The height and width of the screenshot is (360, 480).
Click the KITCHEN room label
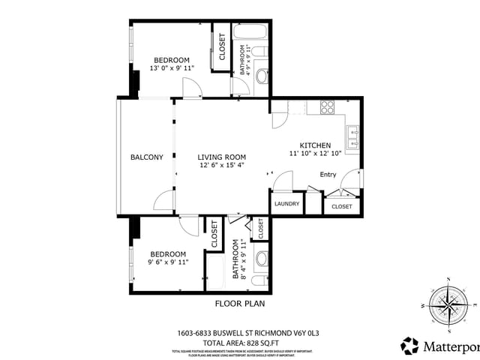click(315, 144)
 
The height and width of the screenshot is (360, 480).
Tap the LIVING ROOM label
click(220, 157)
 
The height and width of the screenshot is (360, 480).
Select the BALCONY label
click(146, 157)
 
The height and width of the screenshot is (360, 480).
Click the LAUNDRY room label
click(286, 203)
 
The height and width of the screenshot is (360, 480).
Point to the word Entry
click(328, 175)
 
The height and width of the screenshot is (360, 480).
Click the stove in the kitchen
click(327, 107)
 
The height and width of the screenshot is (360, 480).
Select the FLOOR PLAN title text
click(240, 304)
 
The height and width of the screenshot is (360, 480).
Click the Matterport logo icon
click(409, 346)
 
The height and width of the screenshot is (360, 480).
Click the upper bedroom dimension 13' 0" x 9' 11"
click(172, 68)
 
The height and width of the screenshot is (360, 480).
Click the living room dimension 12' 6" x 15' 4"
click(220, 165)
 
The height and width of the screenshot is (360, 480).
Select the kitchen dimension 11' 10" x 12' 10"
click(315, 152)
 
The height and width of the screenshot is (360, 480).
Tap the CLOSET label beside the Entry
click(342, 206)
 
